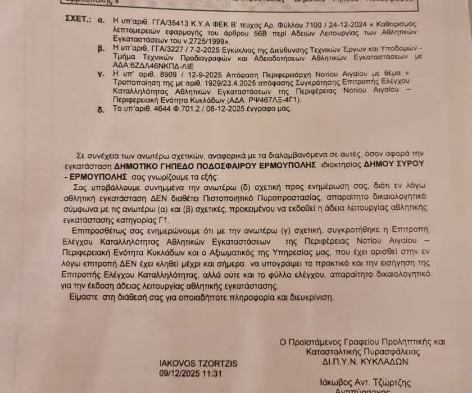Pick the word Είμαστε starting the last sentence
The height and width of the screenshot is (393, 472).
(87, 297)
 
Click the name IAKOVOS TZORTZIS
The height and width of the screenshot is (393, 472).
(190, 364)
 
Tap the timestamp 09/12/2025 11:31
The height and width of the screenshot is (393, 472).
(190, 373)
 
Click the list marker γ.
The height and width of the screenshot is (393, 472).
(100, 74)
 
